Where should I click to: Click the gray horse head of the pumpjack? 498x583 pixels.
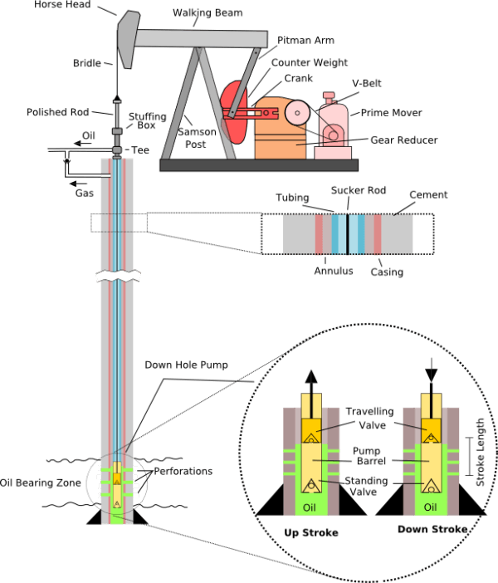click(127, 37)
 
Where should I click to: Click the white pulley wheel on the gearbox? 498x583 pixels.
click(296, 111)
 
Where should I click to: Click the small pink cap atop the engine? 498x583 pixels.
click(329, 96)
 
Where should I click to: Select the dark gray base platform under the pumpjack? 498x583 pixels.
click(258, 165)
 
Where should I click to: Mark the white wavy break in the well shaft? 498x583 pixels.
click(118, 276)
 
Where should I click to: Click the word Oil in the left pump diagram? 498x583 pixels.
click(310, 507)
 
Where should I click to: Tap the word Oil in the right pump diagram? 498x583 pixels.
click(430, 507)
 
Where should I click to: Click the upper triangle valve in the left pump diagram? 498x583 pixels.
click(311, 437)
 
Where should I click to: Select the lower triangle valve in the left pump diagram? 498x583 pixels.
click(311, 485)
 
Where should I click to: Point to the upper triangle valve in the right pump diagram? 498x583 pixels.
click(431, 437)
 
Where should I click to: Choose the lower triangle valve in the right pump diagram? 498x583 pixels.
click(431, 485)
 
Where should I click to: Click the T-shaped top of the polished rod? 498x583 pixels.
click(117, 102)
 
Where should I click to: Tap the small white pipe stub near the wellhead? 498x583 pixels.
click(105, 175)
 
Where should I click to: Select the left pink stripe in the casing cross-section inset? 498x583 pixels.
click(319, 234)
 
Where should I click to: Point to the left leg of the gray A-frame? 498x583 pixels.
click(180, 104)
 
